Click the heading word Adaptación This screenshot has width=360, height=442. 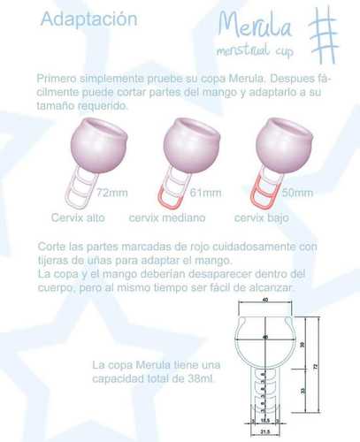click(77, 18)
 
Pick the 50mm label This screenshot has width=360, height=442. click(296, 191)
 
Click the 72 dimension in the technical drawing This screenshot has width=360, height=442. click(314, 364)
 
